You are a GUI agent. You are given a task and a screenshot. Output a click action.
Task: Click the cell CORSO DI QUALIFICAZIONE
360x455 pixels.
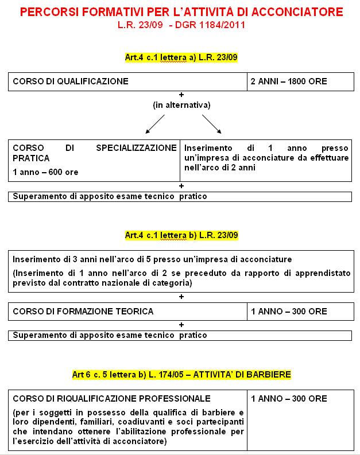(x=71, y=81)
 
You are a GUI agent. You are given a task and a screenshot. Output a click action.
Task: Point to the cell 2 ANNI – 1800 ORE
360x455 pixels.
(x=289, y=81)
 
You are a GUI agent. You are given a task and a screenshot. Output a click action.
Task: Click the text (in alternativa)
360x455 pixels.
(x=181, y=105)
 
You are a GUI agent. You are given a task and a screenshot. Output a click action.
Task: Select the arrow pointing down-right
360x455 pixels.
(x=211, y=123)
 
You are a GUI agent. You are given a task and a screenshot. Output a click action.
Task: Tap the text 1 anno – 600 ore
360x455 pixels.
(x=45, y=172)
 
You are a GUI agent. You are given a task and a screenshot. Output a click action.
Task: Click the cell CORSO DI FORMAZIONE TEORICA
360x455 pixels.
(x=83, y=312)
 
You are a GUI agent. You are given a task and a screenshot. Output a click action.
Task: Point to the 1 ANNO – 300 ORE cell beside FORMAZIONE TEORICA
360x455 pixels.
(x=289, y=312)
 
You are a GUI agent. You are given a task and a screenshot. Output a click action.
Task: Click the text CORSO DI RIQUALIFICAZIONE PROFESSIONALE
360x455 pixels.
(x=111, y=398)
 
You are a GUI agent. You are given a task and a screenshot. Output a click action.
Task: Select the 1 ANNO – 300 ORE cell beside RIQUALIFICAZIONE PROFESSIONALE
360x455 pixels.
(x=289, y=398)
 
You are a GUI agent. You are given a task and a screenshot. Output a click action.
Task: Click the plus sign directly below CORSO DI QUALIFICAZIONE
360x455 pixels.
(x=181, y=94)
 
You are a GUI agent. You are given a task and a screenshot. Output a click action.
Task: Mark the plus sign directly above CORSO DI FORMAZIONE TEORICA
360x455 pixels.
(x=181, y=297)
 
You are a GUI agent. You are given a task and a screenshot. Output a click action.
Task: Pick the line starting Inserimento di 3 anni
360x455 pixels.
(x=152, y=259)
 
